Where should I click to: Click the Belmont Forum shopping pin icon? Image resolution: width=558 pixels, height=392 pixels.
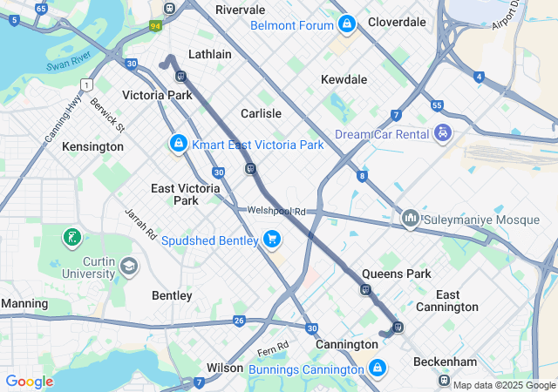pyautogui.click(x=347, y=24)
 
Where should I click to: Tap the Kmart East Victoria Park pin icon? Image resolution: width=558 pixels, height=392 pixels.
pyautogui.click(x=178, y=143)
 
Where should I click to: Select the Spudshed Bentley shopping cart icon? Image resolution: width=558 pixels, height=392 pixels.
pyautogui.click(x=272, y=239)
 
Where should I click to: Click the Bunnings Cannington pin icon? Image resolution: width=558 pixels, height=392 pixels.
pyautogui.click(x=377, y=368)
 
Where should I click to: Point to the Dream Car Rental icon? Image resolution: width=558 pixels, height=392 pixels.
pyautogui.click(x=444, y=133)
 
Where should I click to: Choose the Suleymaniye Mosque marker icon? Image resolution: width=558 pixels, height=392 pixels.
pyautogui.click(x=410, y=217)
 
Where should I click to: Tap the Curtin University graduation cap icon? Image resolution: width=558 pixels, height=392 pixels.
pyautogui.click(x=130, y=266)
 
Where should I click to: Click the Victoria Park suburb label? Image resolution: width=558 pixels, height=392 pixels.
pyautogui.click(x=157, y=95)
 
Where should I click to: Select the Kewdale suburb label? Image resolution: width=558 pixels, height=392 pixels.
pyautogui.click(x=344, y=79)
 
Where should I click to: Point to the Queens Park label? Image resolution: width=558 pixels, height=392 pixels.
pyautogui.click(x=397, y=274)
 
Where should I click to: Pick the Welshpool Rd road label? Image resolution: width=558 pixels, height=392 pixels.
pyautogui.click(x=277, y=211)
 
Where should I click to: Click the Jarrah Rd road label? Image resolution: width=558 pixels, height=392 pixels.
pyautogui.click(x=139, y=224)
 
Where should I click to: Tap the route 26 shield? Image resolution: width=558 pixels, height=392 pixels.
pyautogui.click(x=239, y=321)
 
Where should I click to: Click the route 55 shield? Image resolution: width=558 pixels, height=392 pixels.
pyautogui.click(x=438, y=105)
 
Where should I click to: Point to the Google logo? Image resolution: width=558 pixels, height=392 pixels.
pyautogui.click(x=29, y=382)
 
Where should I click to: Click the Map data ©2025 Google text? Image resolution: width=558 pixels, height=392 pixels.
pyautogui.click(x=503, y=385)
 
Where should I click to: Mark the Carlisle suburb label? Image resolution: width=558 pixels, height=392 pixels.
pyautogui.click(x=261, y=113)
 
